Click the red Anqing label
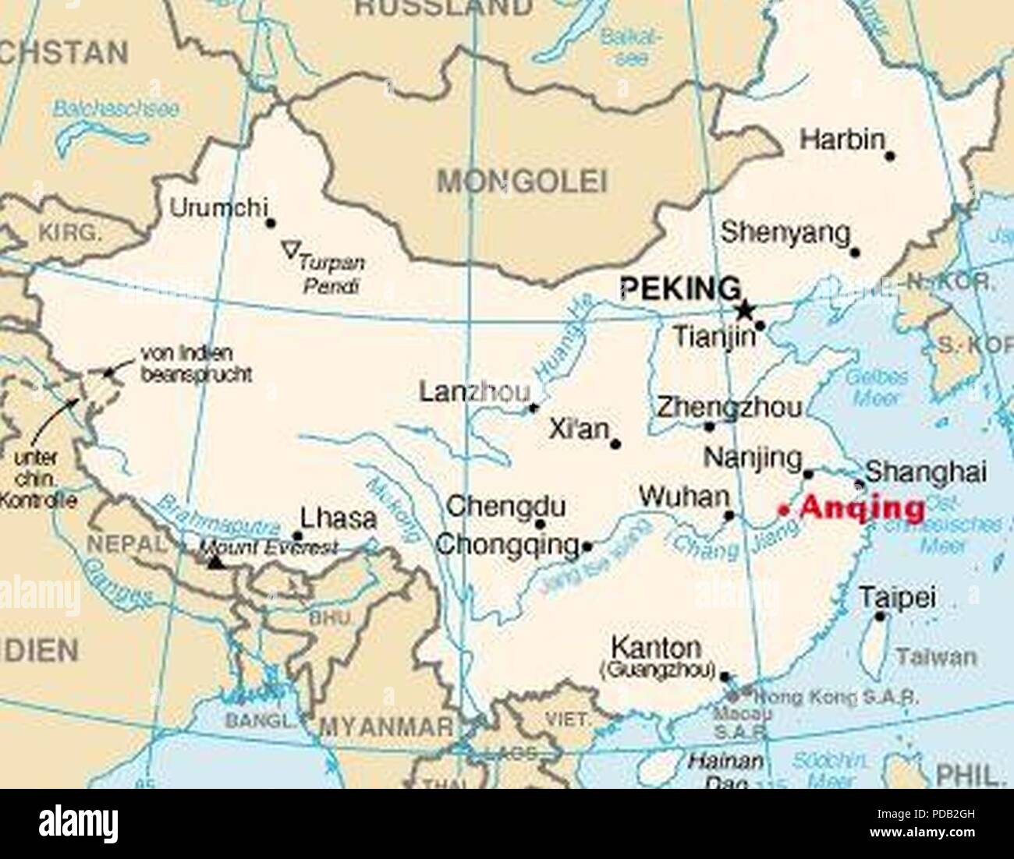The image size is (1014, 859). pos(862,508)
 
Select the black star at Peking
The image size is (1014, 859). pos(745,309)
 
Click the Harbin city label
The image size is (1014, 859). pos(842,140)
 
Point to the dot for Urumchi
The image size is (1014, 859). pos(271,223)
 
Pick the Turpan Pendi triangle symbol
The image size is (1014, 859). pos(290,250)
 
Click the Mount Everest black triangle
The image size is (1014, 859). pos(216,561)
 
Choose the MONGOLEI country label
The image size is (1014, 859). pos(521,182)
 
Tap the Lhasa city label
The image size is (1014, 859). pos(339,518)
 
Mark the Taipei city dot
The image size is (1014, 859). pos(880,617)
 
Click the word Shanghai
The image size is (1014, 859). pos(926,472)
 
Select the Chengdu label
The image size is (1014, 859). pos(505,507)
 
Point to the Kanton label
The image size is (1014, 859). pos(656,647)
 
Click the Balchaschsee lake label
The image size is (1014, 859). pos(116,109)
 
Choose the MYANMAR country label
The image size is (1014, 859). pos(387,726)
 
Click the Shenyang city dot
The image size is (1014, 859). pos(855,253)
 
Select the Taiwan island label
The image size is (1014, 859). pos(936,657)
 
